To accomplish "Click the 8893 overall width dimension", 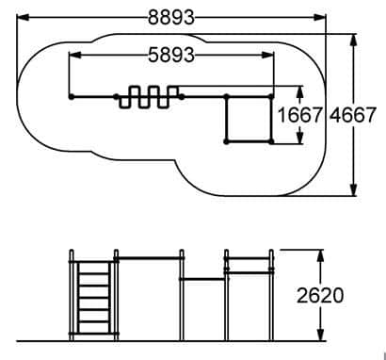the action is [x=171, y=18].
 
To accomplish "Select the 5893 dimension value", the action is [x=171, y=56].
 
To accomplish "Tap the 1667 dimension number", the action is [x=300, y=115].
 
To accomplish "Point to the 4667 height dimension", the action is [x=352, y=115].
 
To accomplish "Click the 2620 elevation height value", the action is [x=320, y=295].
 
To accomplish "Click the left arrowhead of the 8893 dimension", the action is [x=23, y=18].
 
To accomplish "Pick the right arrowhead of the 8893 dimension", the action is [x=320, y=18].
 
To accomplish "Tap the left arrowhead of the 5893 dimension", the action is [x=74, y=56].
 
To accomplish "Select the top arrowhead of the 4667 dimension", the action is [x=354, y=40].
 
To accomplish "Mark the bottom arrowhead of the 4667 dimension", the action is [x=354, y=189].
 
